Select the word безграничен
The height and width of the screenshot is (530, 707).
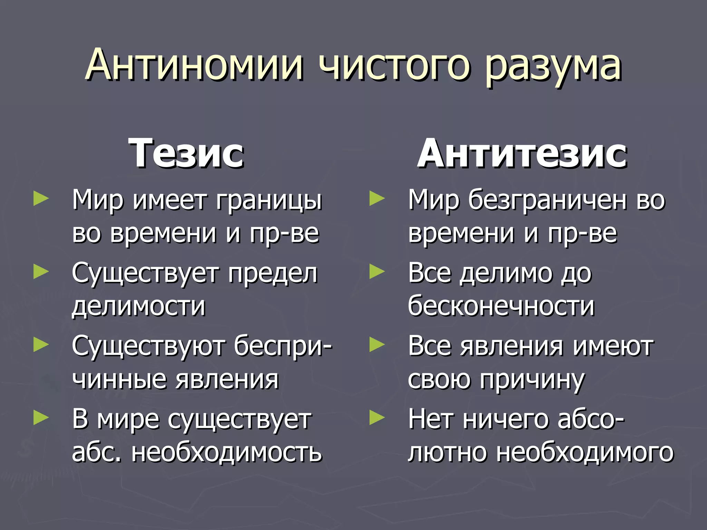(548, 200)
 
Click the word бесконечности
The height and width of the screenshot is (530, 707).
(501, 306)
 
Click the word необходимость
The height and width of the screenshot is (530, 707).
(226, 452)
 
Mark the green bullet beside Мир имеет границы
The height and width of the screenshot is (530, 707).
(41, 199)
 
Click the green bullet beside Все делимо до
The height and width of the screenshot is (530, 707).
(377, 272)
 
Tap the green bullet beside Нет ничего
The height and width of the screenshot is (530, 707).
(377, 418)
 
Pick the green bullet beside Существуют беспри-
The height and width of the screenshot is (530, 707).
(41, 345)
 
